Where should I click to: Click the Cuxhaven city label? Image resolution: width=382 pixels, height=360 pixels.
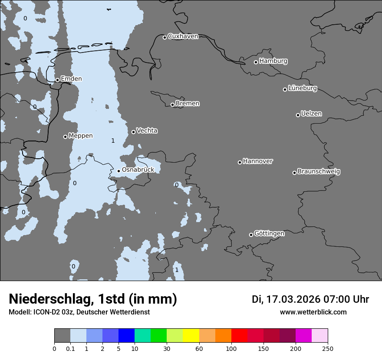point(183,36)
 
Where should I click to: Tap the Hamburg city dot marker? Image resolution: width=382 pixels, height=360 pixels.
point(256,62)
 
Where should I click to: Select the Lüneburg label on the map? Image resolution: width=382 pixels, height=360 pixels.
point(303,88)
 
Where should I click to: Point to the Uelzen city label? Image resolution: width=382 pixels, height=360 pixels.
point(311,114)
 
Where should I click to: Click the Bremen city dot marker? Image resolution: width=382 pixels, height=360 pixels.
point(172,105)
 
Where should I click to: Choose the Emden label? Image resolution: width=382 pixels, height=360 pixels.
point(71,79)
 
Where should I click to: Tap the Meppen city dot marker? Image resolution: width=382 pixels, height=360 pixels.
point(65,137)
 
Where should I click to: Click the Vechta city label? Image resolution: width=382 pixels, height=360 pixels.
point(147,131)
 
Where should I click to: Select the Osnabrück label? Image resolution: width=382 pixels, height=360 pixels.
point(138,170)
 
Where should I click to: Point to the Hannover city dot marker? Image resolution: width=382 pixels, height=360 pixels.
point(240,162)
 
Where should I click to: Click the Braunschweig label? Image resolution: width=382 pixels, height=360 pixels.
point(319,171)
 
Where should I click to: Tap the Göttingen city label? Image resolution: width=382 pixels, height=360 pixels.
point(269,233)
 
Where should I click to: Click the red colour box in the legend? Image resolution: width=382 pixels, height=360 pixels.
point(239,336)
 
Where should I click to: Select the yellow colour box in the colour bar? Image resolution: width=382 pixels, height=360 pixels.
point(191,336)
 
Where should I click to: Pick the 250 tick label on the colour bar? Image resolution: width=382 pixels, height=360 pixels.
point(328,348)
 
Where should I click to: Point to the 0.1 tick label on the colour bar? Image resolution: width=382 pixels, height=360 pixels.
point(70,348)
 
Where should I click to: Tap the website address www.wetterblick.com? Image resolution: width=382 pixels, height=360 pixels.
point(313,312)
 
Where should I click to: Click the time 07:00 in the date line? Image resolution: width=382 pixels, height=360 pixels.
point(338,299)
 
